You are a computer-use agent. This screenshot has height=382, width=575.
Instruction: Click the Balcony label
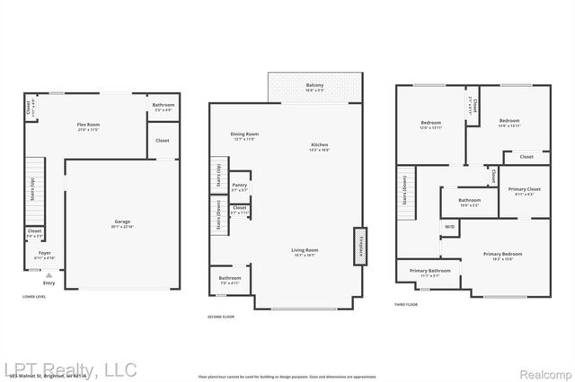click(x=314, y=86)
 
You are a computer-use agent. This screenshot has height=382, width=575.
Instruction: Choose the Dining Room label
click(x=244, y=135)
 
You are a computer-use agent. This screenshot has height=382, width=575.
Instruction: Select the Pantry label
click(x=239, y=187)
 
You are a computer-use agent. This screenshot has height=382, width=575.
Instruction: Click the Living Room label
click(x=304, y=252)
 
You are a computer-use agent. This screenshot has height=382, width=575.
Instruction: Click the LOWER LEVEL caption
click(x=35, y=296)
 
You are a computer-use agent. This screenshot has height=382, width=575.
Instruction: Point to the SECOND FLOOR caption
click(x=221, y=317)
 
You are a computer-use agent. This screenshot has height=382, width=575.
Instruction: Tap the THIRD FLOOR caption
click(x=406, y=305)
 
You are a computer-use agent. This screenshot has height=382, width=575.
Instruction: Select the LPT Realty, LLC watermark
click(x=69, y=369)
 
